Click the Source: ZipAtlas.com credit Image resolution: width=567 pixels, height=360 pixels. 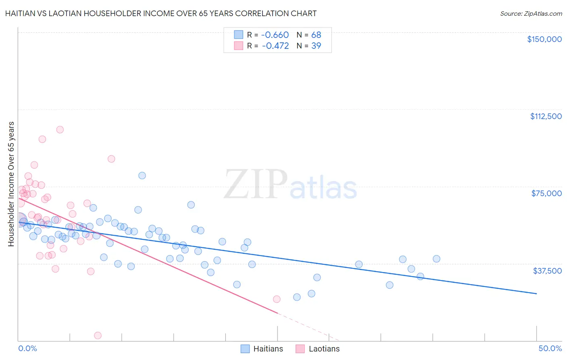point(531,13)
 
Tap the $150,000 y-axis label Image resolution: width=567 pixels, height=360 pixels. point(544,39)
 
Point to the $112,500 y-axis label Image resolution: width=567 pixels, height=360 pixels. point(546,116)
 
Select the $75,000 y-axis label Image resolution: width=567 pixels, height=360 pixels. point(546,193)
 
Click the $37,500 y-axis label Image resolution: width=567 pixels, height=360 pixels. point(547,271)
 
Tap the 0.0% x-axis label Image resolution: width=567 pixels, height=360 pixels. point(27,348)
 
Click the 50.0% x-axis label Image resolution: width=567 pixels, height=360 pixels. point(550,348)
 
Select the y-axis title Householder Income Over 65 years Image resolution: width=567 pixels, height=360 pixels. point(11,184)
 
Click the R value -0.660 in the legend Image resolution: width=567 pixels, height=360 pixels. point(275,35)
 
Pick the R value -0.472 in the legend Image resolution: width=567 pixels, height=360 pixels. point(275,46)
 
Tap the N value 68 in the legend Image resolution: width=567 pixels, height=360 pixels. point(316,35)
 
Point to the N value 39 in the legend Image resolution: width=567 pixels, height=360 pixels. point(316,46)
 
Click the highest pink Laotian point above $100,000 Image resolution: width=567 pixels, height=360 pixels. point(60,130)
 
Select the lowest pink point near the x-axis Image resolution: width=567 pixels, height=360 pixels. point(98,335)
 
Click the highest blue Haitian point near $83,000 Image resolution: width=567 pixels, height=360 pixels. point(142,176)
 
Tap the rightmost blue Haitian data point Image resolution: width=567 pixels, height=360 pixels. point(436,259)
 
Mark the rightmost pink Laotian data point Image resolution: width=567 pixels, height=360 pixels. point(277,299)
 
